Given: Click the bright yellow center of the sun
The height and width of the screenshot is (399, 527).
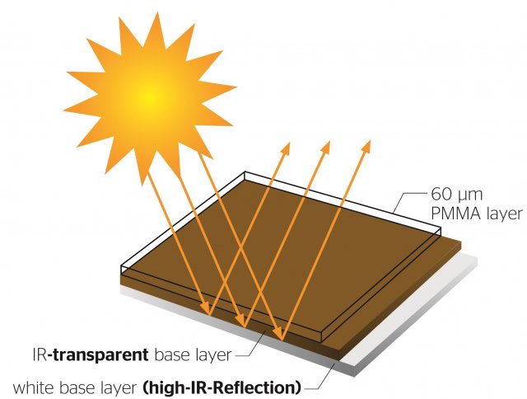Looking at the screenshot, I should pos(148,97).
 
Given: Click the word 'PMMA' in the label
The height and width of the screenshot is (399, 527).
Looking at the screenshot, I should pos(455,214).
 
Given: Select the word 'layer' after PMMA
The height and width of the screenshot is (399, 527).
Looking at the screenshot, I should pos(504,214).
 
